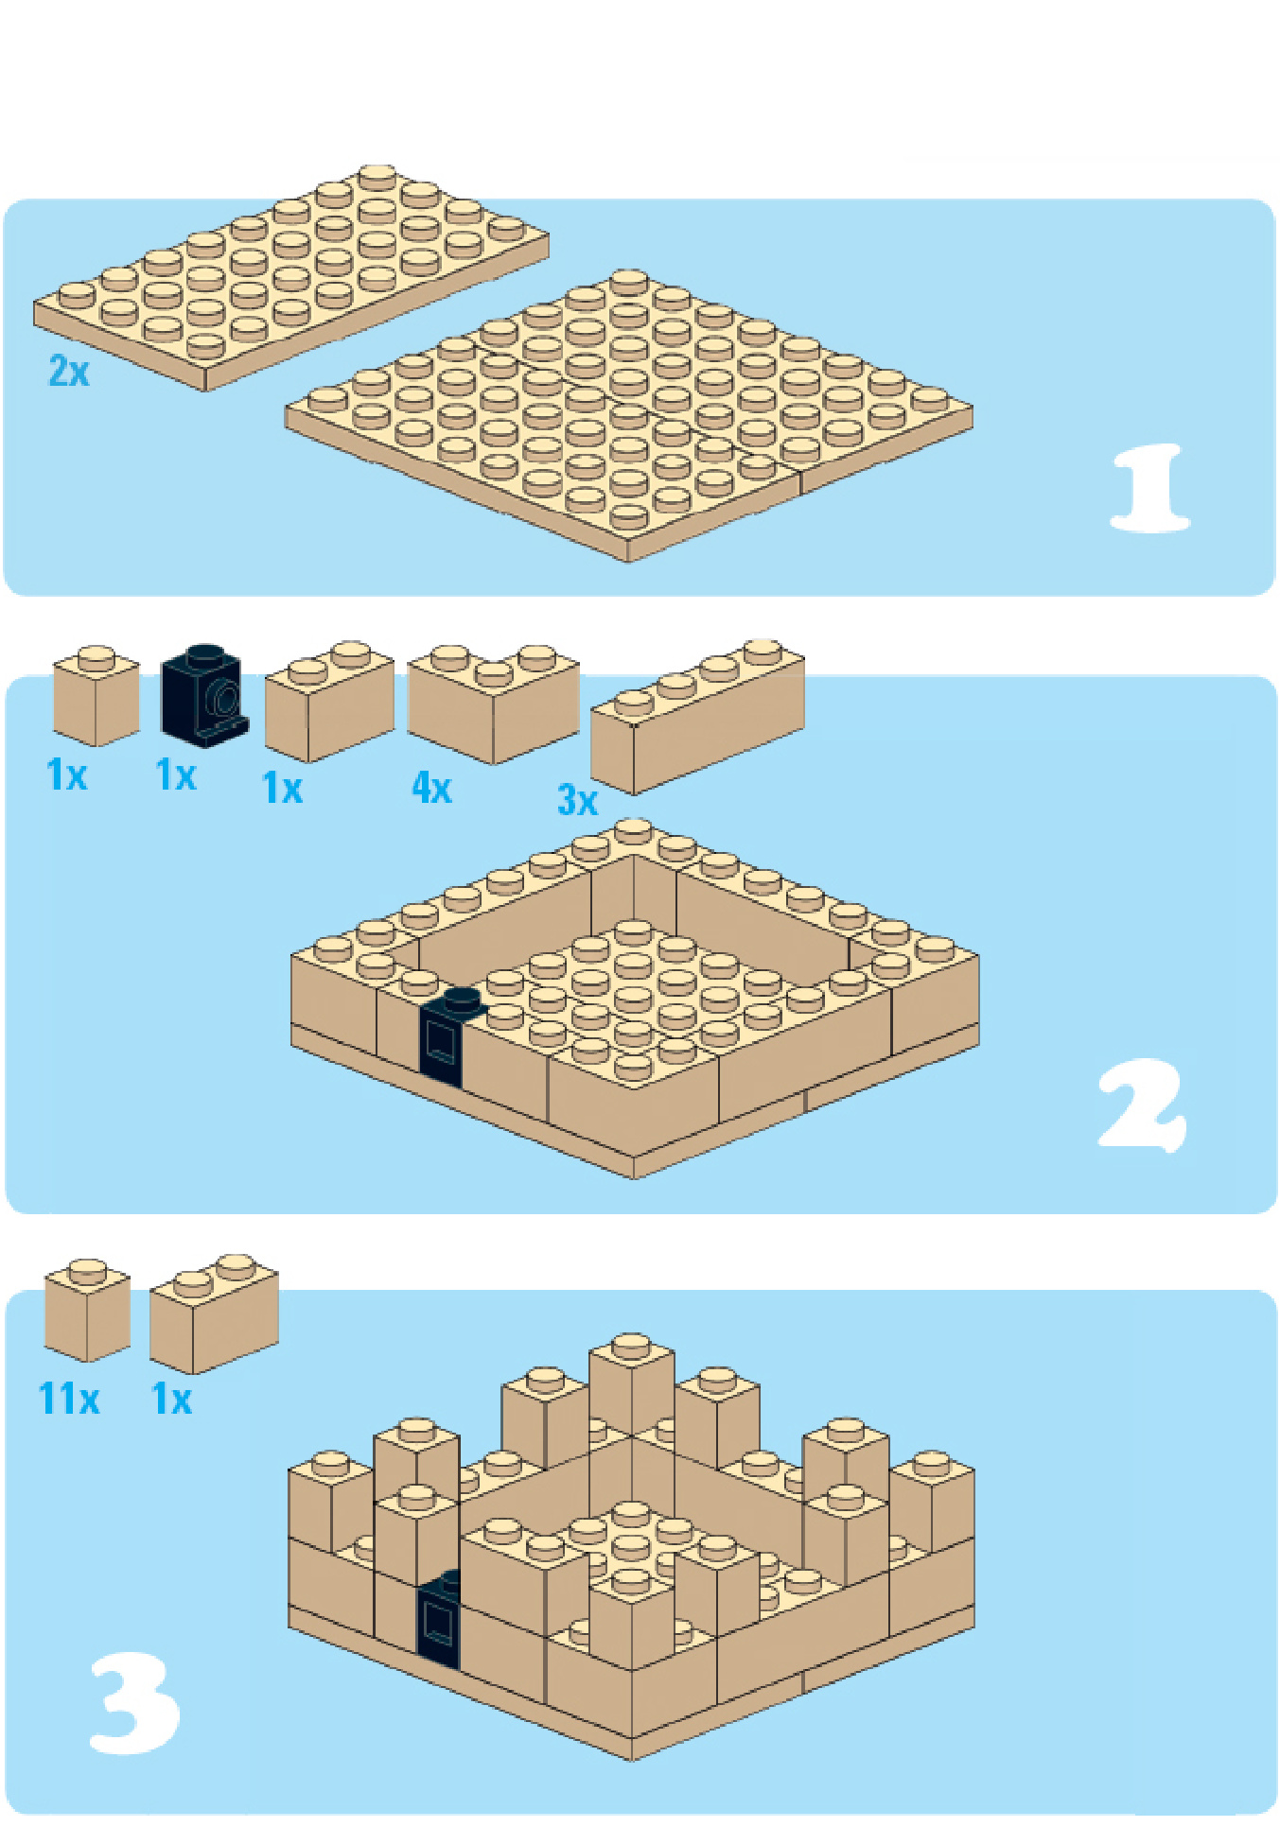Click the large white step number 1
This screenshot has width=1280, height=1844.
click(1148, 488)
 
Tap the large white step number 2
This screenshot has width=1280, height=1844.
click(1142, 1105)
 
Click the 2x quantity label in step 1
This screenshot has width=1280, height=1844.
click(69, 371)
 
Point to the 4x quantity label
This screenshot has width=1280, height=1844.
click(431, 787)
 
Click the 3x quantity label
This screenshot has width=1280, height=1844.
click(578, 800)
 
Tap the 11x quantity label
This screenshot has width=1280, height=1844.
click(69, 1399)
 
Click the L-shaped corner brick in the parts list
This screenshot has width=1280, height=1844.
click(492, 702)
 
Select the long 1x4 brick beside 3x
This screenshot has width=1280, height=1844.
click(697, 717)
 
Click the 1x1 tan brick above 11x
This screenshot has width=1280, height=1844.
click(87, 1310)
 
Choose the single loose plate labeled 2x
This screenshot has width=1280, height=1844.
click(290, 276)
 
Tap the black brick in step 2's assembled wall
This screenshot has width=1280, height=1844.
click(447, 1036)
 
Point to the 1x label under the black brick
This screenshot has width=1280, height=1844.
click(176, 775)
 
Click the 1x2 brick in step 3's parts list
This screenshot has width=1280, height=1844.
click(214, 1313)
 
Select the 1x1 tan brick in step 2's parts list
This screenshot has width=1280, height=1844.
click(96, 696)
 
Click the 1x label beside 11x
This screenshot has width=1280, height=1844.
click(172, 1399)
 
